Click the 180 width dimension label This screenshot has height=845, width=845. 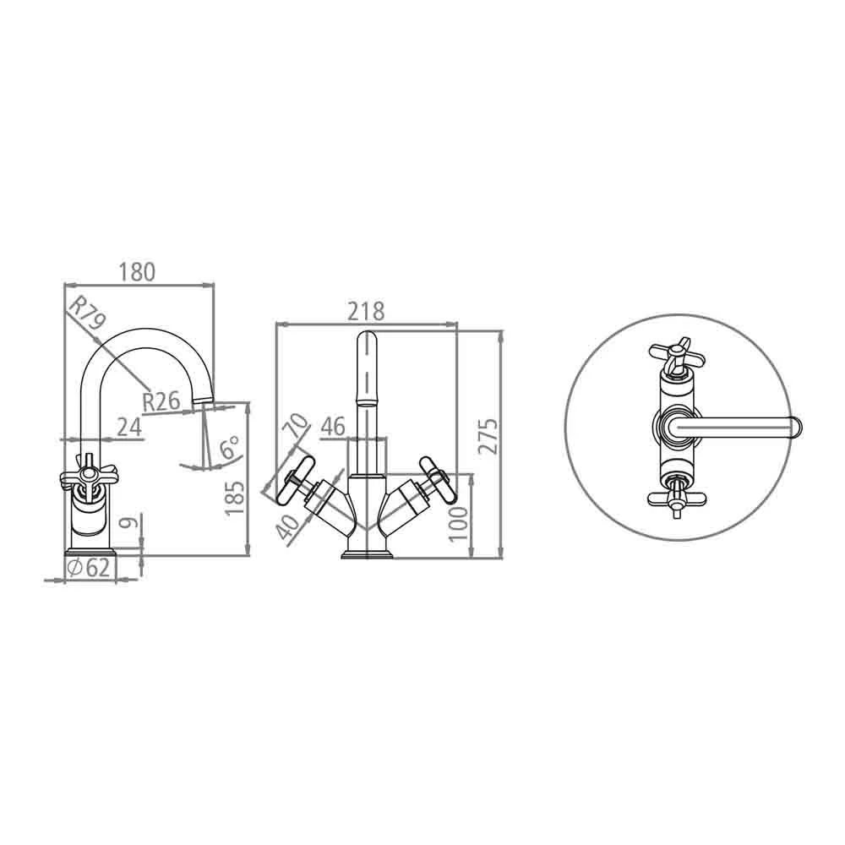[138, 272]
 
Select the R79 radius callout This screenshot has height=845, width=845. [86, 314]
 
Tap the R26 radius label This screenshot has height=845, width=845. [161, 401]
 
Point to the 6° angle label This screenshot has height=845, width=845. [229, 449]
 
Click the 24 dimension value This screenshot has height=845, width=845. [128, 427]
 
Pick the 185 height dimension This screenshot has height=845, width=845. [236, 498]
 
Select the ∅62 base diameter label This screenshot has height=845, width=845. [89, 568]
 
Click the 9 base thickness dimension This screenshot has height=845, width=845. [127, 524]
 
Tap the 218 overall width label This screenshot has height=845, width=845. [367, 311]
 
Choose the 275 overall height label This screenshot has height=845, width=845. [488, 435]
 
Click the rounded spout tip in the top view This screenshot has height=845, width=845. [794, 428]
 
